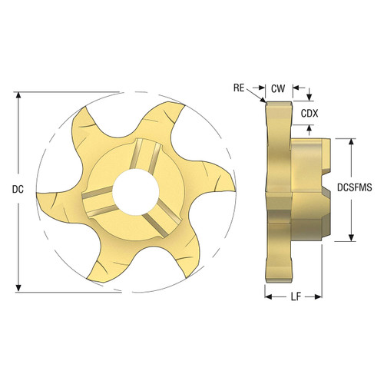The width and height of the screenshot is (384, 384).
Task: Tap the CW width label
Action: click(278, 88)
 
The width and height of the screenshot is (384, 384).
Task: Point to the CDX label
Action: click(310, 113)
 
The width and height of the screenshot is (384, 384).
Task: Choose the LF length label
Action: click(295, 295)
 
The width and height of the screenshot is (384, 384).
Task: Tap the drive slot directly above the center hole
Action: click(143, 153)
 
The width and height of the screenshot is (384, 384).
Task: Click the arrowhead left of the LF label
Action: click(269, 295)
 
